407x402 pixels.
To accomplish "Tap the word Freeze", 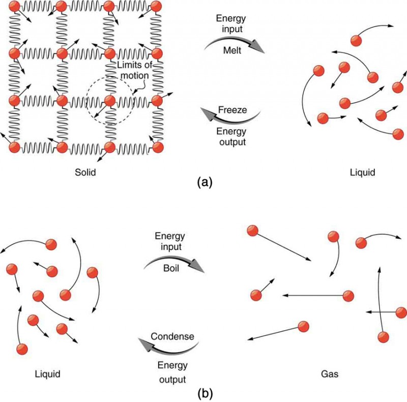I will coord(231,109).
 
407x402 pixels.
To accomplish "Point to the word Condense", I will coord(172,336).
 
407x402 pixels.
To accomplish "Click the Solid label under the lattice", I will coord(84,173).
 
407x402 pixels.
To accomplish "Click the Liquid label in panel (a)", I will coord(362,173).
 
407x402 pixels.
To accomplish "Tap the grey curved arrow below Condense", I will coord(168,346).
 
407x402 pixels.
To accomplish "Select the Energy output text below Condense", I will coord(173,372).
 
